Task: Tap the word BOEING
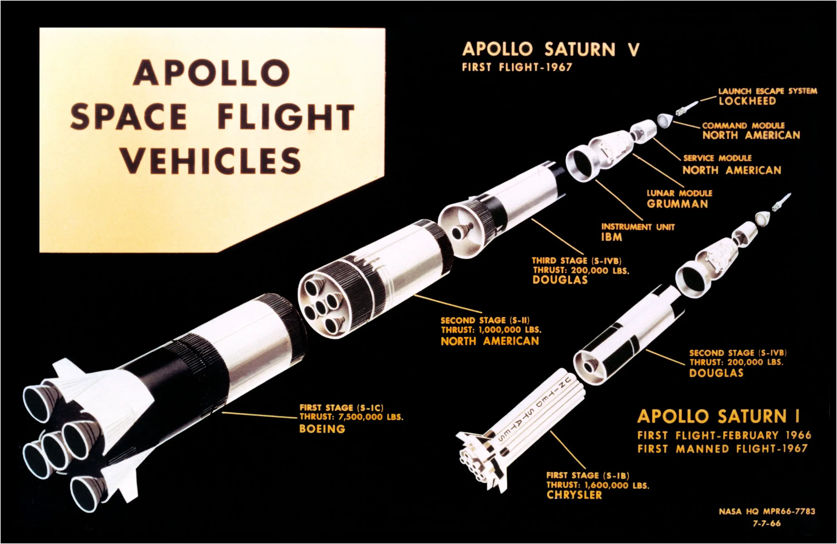[322, 429]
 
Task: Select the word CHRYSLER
[574, 495]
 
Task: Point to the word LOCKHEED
[747, 101]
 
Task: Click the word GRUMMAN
[677, 204]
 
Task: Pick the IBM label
[611, 237]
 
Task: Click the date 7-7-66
[767, 523]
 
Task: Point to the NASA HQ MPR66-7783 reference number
[767, 511]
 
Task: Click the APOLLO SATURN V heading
[550, 49]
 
